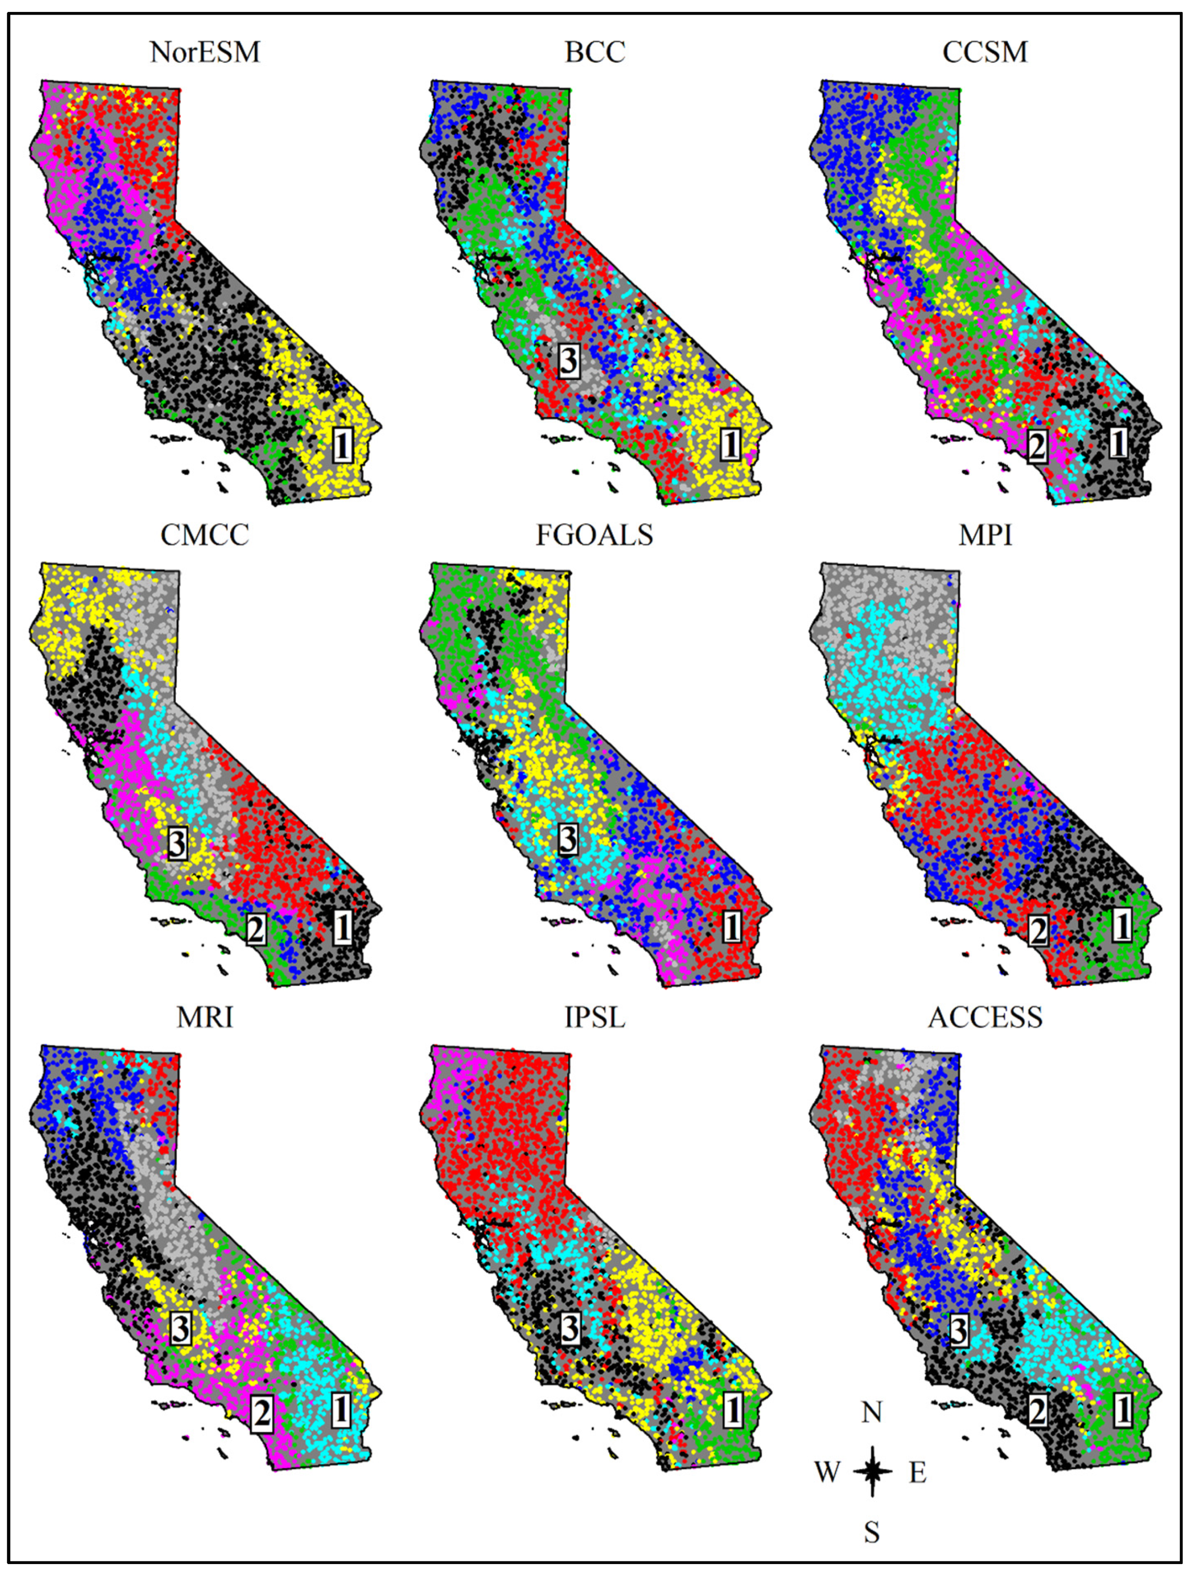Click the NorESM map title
pos(205,52)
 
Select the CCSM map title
pos(985,52)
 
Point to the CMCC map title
pos(205,535)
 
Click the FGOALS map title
pos(595,535)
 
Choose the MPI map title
pos(985,535)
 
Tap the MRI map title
pos(205,1017)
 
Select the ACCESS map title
pos(985,1017)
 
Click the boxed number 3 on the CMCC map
pos(177,844)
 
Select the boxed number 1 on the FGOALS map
pos(732,927)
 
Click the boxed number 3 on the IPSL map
pos(570,1328)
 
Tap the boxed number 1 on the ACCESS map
pos(1123,1410)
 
